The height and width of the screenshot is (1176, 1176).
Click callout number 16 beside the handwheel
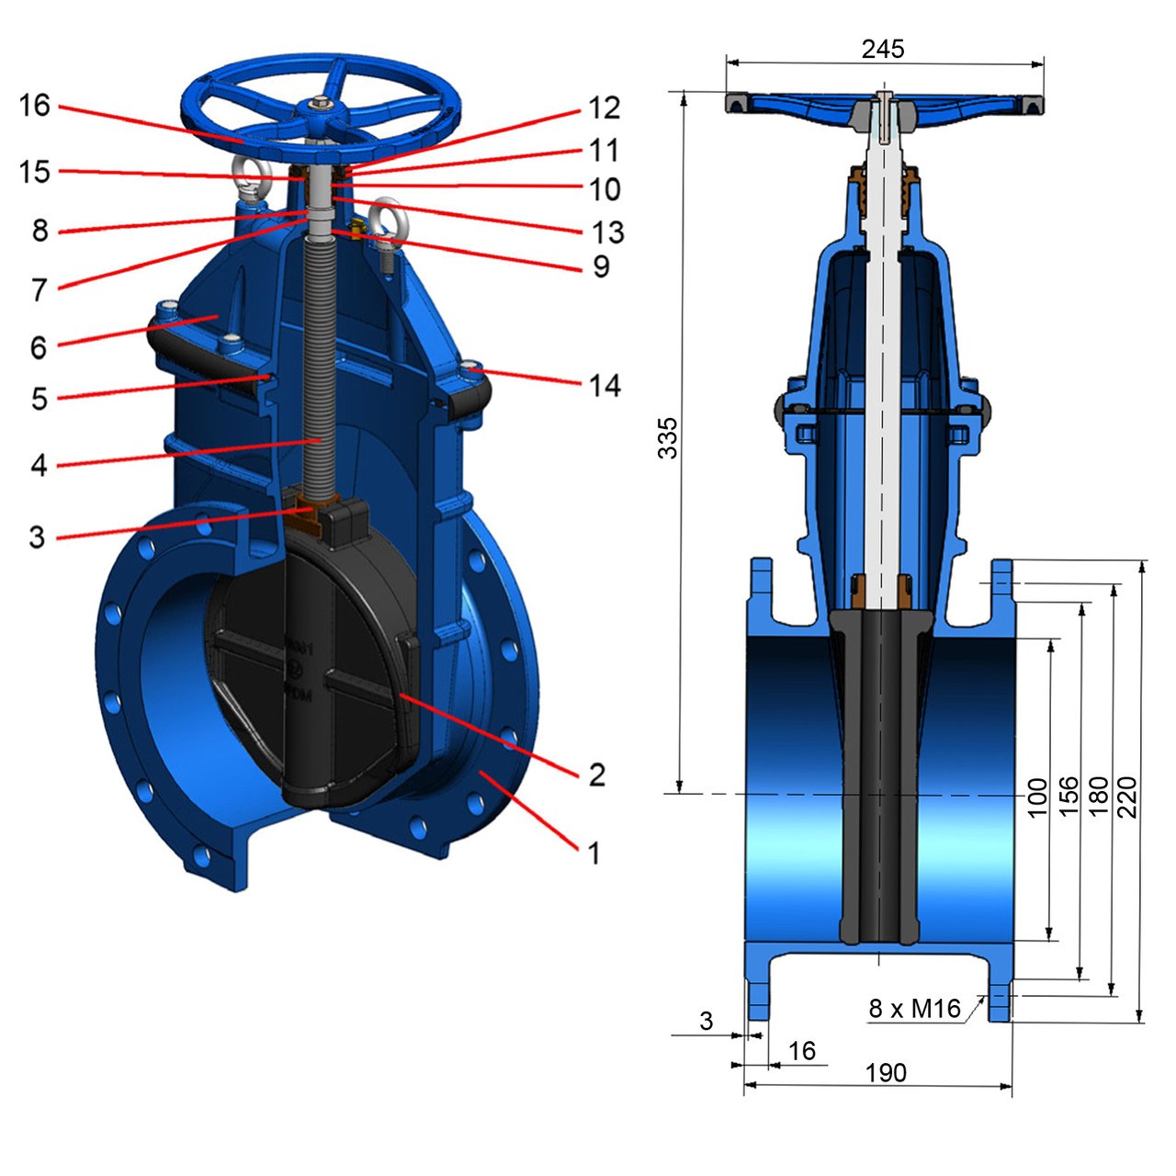35,106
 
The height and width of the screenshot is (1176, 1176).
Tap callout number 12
604,108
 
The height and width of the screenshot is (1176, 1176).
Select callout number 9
601,266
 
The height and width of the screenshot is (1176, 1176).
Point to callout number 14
605,386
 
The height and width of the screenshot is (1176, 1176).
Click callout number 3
38,537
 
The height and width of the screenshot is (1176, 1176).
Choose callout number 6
39,347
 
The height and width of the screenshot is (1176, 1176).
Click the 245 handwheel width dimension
882,49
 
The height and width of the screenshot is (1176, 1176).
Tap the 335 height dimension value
668,437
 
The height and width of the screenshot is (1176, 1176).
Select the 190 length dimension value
886,1089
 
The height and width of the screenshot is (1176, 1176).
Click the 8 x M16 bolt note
914,1025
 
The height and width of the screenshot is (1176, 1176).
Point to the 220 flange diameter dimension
1127,797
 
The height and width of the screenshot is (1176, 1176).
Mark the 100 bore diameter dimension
1037,797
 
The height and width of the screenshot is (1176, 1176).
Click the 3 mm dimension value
707,1037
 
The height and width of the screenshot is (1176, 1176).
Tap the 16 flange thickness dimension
802,1068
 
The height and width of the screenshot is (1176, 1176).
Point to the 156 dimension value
1069,797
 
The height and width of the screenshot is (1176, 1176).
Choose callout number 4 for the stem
40,465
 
